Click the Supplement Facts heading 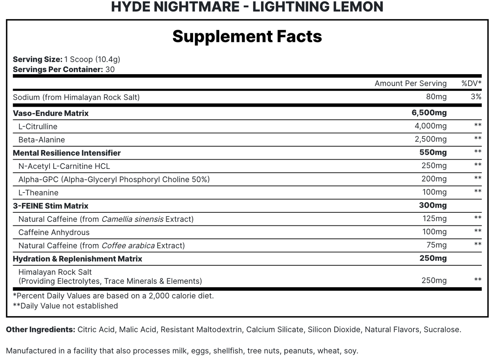click(x=247, y=36)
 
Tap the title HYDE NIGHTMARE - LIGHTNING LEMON click(x=247, y=7)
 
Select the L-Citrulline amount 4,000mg click(x=430, y=126)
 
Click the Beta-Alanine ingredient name click(x=42, y=140)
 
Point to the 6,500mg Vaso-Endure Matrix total click(x=429, y=113)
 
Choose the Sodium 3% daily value click(x=476, y=97)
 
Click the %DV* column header click(x=471, y=83)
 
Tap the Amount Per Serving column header click(x=410, y=83)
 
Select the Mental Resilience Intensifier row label click(x=67, y=153)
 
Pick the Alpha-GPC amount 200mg click(x=434, y=179)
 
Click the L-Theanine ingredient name click(x=39, y=193)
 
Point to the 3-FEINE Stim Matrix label click(x=51, y=206)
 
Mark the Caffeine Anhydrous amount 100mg click(x=435, y=232)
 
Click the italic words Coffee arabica click(x=128, y=246)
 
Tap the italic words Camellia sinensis click(x=133, y=219)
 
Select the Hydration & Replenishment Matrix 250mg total click(x=433, y=258)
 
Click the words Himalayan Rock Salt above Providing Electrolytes click(x=55, y=272)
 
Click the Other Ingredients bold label click(x=41, y=330)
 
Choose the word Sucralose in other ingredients click(x=442, y=330)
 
